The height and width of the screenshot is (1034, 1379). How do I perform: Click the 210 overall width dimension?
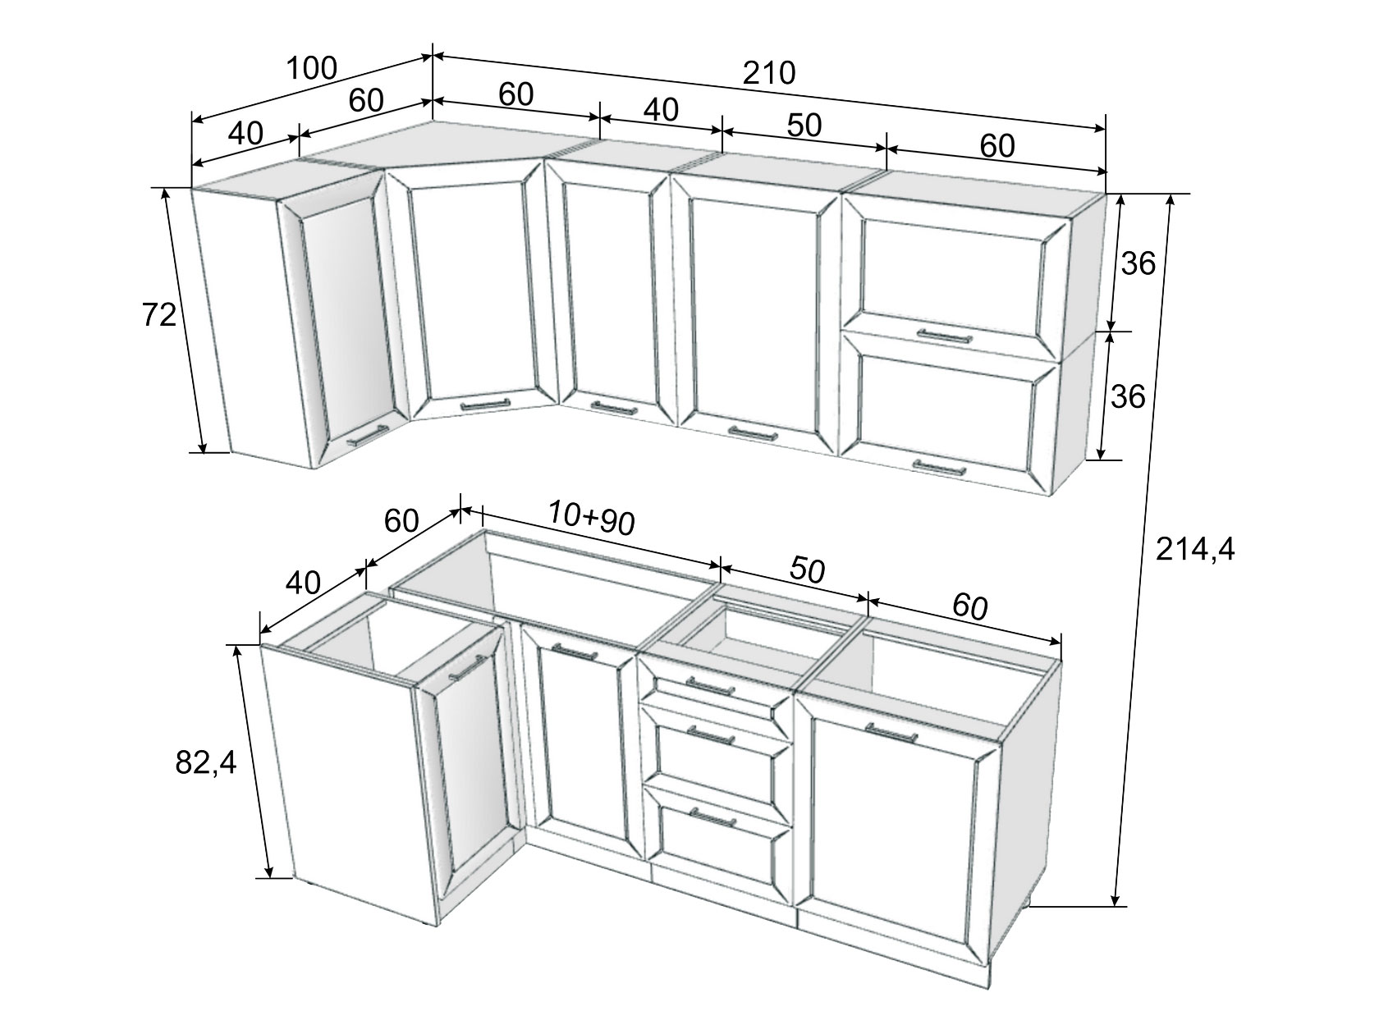(769, 73)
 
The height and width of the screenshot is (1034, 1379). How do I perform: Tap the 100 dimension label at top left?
(312, 68)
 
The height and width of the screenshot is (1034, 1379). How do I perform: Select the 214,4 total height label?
(1195, 549)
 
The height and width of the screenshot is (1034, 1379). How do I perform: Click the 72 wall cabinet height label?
(159, 314)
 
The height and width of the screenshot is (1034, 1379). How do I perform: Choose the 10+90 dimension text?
(591, 519)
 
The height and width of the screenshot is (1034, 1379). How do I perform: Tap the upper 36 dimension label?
(1138, 263)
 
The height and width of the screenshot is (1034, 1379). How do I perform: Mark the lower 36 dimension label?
(1128, 396)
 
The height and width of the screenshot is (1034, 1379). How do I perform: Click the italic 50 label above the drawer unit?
(807, 570)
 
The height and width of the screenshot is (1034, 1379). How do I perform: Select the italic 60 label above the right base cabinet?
(969, 606)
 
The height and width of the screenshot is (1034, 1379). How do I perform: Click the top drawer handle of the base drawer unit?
(710, 685)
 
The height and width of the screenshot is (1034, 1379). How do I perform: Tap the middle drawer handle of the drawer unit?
(711, 734)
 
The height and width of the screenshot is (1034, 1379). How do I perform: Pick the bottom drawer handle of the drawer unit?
(713, 817)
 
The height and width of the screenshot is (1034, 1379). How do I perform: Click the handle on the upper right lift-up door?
(944, 336)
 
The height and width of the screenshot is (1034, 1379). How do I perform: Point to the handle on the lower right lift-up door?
(939, 467)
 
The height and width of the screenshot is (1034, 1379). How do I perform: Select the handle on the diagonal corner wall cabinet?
(485, 405)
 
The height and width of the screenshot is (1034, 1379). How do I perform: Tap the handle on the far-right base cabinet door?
(891, 732)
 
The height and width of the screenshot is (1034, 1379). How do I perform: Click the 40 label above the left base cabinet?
(303, 583)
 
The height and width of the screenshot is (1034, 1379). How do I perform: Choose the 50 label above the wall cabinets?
(804, 126)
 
